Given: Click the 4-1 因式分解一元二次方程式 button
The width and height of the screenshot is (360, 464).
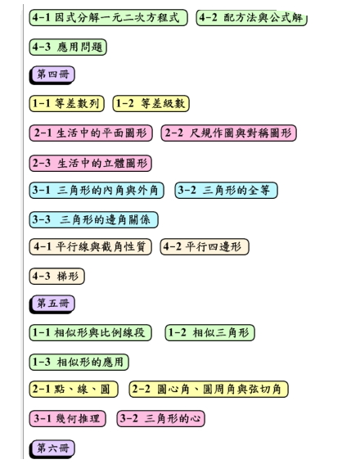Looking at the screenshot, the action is click(x=108, y=18).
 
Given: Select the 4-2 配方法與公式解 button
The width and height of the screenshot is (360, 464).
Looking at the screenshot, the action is click(x=251, y=18).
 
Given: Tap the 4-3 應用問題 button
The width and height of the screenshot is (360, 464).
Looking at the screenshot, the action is click(x=68, y=47).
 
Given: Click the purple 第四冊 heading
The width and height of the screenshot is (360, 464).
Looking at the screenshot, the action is click(x=52, y=74).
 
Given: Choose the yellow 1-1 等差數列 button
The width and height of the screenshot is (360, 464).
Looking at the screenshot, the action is click(x=66, y=104).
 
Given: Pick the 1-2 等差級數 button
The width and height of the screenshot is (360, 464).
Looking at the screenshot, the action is click(x=151, y=104).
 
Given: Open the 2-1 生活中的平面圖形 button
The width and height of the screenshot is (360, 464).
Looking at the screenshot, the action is click(x=91, y=133).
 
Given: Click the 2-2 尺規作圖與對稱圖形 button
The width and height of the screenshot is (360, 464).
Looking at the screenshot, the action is click(x=228, y=133).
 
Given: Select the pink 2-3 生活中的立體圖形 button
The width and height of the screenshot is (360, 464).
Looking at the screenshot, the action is click(x=91, y=164).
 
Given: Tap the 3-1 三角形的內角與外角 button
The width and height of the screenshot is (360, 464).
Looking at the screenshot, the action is click(x=97, y=191).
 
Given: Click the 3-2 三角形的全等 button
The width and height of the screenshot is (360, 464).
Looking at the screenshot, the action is click(x=226, y=191).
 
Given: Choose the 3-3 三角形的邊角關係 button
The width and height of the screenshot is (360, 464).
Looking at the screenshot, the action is click(x=94, y=220).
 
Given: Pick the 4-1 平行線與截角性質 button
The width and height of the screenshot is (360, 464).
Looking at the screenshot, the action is click(x=90, y=247).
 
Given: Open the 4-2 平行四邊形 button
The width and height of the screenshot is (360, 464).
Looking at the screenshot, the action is click(x=205, y=247).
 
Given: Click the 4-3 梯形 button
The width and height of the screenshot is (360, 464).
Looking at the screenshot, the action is click(x=56, y=277).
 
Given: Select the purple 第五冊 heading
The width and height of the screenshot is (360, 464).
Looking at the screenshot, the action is click(x=52, y=304).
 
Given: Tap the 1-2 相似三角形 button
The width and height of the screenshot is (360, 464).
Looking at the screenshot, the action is click(x=209, y=333).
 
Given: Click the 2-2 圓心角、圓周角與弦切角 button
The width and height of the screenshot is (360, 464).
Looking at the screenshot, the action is click(x=209, y=390).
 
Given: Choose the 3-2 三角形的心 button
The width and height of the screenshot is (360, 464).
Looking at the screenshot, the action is click(x=161, y=419).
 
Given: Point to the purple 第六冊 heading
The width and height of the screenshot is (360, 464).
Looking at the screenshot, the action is click(x=52, y=449).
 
